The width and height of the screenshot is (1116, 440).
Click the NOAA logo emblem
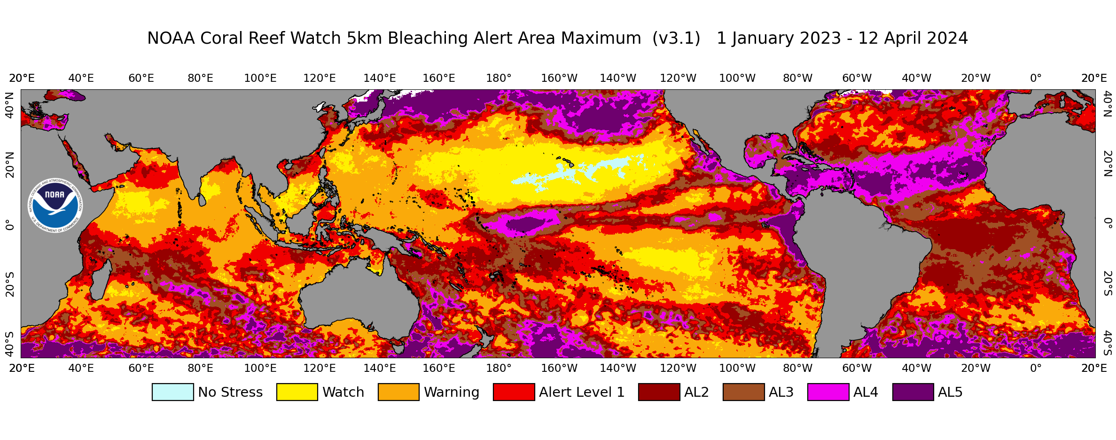[55, 205]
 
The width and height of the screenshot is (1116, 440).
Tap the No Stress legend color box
[172, 392]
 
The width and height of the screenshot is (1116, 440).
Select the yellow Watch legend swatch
[297, 392]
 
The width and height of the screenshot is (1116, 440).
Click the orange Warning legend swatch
[398, 392]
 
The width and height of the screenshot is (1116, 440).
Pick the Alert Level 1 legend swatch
[514, 392]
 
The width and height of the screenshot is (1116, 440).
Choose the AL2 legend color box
[659, 392]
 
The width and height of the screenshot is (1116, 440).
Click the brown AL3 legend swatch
[743, 392]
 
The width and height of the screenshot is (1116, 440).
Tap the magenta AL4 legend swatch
[828, 392]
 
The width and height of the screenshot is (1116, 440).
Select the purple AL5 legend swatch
[913, 392]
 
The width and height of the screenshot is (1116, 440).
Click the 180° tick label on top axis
[499, 79]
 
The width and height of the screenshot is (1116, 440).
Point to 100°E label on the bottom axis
[260, 368]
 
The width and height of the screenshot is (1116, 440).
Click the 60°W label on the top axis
[857, 79]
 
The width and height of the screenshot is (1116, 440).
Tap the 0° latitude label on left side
[9, 225]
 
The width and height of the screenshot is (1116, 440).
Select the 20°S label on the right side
[1107, 283]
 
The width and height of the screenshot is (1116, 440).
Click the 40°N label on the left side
[9, 105]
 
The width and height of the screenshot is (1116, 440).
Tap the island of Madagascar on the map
[99, 281]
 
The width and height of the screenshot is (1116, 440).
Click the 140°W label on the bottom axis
[617, 368]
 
